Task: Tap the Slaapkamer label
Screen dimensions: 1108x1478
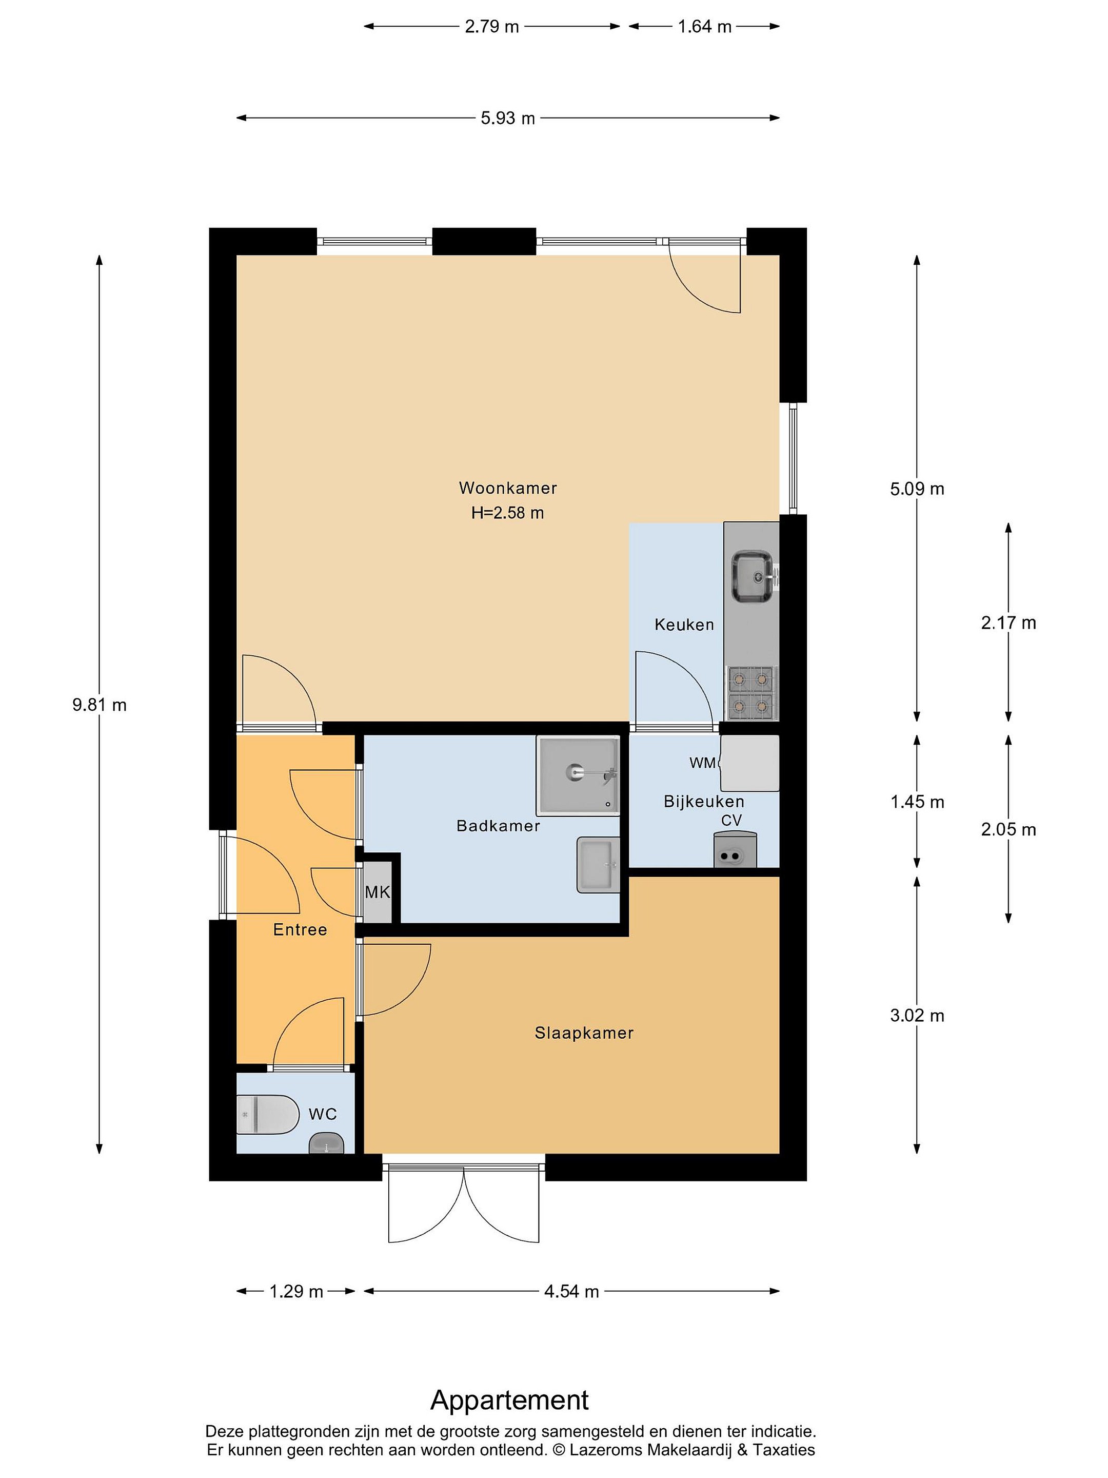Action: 584,1033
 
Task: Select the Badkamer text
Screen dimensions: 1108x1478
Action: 498,826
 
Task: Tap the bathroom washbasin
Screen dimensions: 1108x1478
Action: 599,865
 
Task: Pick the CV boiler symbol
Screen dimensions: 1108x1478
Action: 735,850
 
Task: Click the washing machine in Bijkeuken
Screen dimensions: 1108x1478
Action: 749,763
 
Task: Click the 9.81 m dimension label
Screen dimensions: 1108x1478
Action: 100,705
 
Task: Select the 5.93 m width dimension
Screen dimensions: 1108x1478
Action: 508,118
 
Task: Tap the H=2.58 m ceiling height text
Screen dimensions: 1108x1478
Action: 508,513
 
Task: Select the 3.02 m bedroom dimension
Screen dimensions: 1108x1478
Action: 917,1016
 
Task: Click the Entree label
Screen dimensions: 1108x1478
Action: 300,929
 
